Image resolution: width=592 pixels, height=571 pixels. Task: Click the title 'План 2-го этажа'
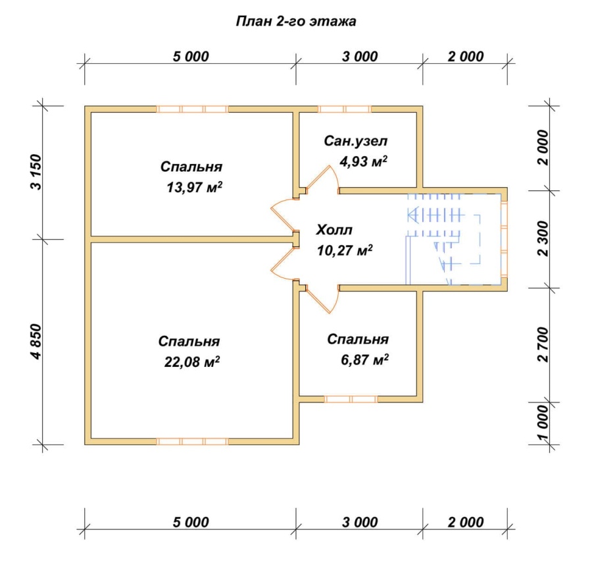tap(295, 21)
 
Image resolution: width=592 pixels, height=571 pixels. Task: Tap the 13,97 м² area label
tap(195, 187)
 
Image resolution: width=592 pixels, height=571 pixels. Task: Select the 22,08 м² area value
tap(192, 362)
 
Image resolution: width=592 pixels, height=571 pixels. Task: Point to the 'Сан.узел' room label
tap(356, 141)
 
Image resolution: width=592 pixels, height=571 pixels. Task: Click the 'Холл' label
tap(335, 230)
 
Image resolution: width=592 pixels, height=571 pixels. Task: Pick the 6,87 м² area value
tap(364, 360)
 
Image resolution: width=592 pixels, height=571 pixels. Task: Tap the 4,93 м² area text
tap(363, 161)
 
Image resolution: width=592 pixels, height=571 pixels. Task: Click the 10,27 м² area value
tap(345, 250)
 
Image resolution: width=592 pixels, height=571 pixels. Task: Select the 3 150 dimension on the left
tap(36, 172)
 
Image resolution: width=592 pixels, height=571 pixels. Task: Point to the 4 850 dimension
tap(36, 342)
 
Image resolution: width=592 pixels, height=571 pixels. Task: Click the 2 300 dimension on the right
tap(544, 239)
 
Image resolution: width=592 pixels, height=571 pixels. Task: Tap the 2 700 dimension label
tap(544, 345)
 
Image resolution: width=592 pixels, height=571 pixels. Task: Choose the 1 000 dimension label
tap(544, 423)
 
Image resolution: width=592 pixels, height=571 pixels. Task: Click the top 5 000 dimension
tap(191, 57)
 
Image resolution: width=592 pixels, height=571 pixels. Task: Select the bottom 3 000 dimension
tap(360, 522)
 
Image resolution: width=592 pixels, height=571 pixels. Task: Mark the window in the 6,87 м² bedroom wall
tap(351, 399)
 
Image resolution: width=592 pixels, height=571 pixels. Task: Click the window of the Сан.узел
tap(344, 109)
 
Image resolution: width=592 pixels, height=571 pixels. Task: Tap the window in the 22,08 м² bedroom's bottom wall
tap(192, 441)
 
